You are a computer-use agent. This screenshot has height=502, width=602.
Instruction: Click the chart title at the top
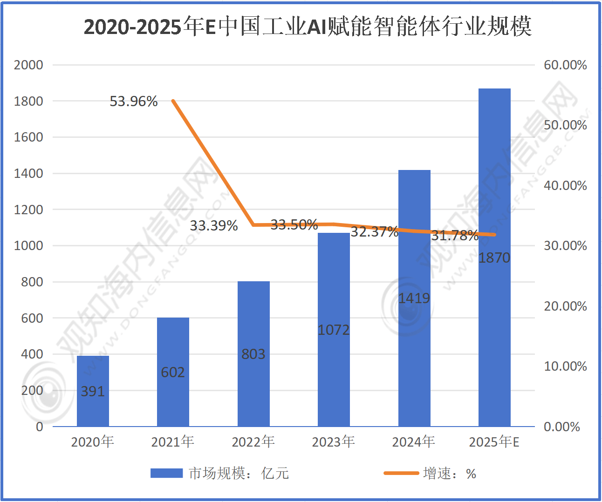point(308,27)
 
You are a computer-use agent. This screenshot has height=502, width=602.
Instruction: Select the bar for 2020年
point(93,391)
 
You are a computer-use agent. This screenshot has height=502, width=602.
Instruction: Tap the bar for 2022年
point(253,354)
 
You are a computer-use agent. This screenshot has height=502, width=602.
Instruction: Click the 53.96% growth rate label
point(134,102)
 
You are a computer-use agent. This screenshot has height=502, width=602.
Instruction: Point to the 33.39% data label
point(214,226)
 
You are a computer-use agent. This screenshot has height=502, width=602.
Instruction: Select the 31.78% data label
point(454,236)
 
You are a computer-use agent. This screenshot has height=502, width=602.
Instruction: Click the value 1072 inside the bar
point(334,330)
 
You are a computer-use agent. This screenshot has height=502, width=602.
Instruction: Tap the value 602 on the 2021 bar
point(173,373)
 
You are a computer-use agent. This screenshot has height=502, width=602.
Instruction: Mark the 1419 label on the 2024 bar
point(414,298)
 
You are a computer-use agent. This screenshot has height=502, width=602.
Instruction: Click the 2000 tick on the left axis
point(28,65)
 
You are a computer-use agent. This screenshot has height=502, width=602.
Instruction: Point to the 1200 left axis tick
point(28,210)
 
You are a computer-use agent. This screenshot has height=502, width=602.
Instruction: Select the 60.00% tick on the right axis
point(565,65)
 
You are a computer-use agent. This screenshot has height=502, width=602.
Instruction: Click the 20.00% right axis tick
point(565,306)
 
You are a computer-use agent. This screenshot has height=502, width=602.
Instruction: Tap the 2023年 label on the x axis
point(334,441)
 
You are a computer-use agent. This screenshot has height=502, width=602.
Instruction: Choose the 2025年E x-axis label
point(494,441)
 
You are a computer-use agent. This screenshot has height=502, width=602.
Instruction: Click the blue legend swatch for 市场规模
point(166,474)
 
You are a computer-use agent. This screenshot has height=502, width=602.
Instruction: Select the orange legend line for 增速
point(401,474)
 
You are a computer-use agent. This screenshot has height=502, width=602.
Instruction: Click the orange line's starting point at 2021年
point(173,101)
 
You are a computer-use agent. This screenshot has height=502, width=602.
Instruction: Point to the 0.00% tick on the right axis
point(562,427)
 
